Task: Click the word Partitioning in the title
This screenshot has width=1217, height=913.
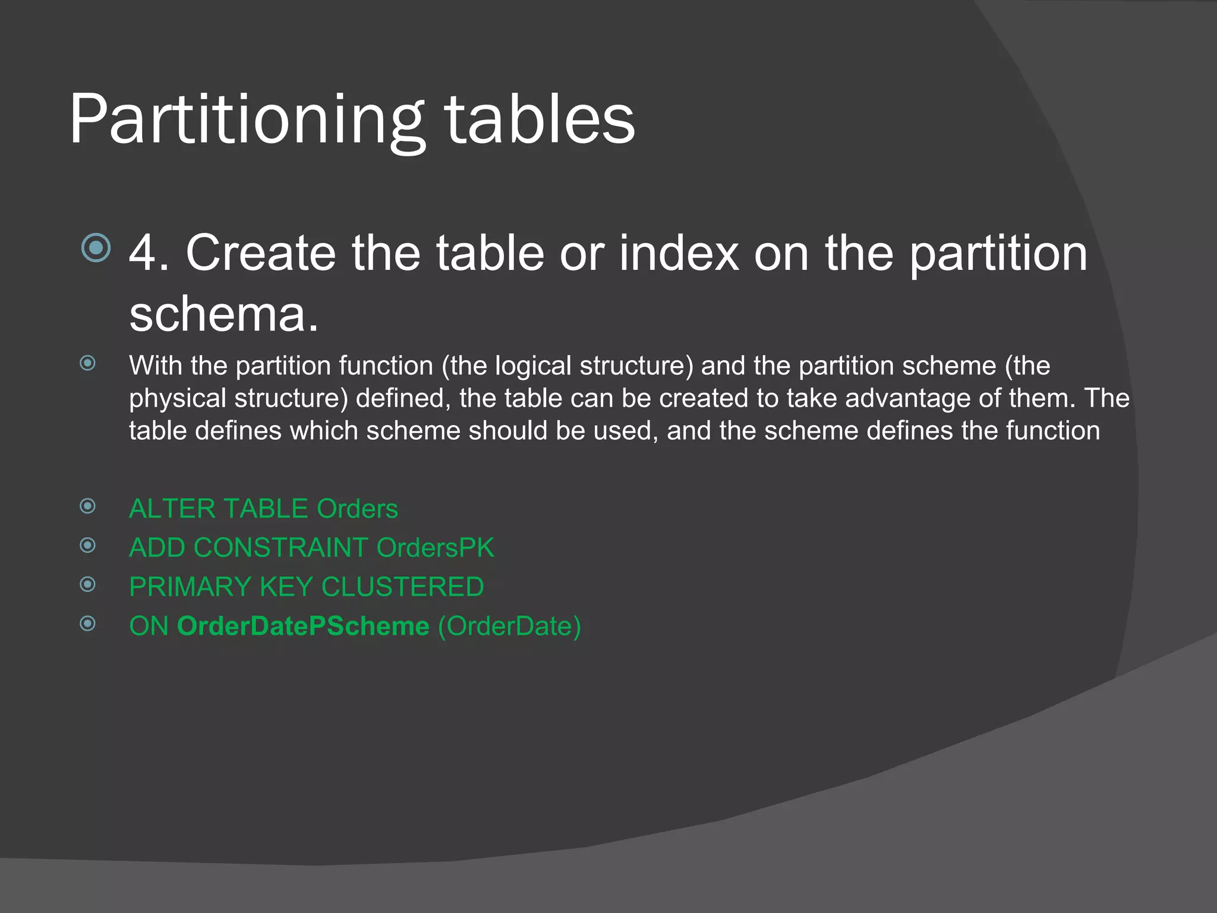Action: (247, 120)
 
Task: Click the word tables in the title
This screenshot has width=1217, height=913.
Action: (540, 120)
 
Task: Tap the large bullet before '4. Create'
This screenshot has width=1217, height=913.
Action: (96, 248)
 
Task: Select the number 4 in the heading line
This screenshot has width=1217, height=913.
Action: (142, 253)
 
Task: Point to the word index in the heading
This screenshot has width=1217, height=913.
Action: (679, 253)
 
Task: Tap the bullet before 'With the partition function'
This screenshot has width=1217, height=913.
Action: (88, 363)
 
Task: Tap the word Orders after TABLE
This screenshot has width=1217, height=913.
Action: (357, 509)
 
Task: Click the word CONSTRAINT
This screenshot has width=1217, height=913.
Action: (280, 547)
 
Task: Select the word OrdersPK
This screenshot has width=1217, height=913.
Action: (435, 547)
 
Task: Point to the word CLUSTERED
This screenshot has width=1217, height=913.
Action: (402, 587)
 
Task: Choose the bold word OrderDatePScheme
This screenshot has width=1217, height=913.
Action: (303, 626)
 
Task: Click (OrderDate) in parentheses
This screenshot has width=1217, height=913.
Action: (509, 626)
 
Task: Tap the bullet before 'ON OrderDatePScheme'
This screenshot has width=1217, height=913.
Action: (88, 624)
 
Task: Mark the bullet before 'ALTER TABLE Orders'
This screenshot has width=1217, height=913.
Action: (88, 506)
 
